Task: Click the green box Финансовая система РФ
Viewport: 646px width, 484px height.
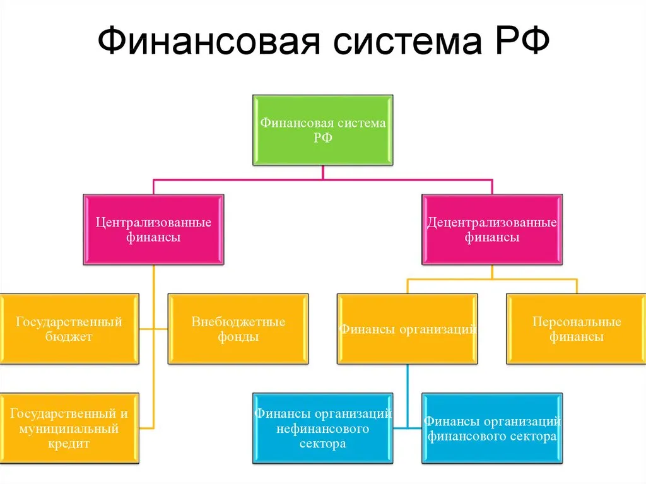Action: point(322,130)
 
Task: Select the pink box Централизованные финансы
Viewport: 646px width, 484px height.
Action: point(153,230)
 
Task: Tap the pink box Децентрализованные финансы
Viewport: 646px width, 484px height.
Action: point(492,230)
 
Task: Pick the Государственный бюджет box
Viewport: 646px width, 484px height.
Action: point(69,329)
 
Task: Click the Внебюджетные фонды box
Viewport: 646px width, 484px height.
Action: point(238,329)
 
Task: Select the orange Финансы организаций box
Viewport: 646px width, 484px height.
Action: point(407,329)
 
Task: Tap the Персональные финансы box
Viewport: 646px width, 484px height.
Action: point(576,329)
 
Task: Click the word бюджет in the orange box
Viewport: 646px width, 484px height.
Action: point(69,336)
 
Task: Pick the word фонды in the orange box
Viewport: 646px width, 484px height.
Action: point(238,336)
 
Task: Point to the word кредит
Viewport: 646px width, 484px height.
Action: point(69,444)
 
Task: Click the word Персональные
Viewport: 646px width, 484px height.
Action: point(576,322)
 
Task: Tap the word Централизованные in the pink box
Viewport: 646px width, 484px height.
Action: point(153,223)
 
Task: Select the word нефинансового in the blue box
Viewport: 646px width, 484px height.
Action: point(322,429)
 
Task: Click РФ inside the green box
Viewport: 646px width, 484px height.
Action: point(322,138)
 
